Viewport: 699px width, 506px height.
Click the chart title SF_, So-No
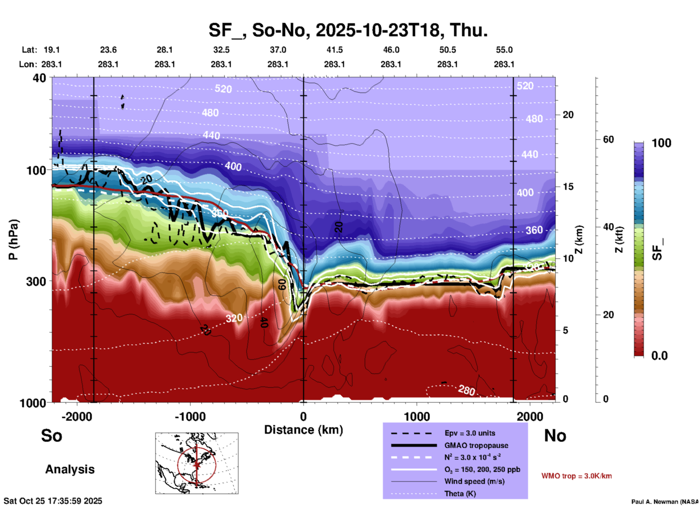[x=348, y=30]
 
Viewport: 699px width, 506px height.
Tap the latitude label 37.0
[x=278, y=50]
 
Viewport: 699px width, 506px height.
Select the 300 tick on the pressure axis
[x=36, y=281]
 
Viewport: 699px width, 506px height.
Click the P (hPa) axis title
[x=13, y=240]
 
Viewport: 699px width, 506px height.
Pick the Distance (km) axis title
[x=303, y=430]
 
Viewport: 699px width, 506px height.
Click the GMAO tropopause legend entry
[x=476, y=445]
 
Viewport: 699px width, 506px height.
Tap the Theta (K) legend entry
[x=460, y=494]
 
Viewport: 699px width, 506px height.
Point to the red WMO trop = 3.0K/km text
[x=576, y=476]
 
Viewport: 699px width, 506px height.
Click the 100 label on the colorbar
[x=661, y=143]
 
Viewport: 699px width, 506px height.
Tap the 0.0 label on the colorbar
[x=659, y=356]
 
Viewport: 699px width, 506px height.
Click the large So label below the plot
[x=52, y=436]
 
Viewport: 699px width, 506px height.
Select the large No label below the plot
[x=555, y=436]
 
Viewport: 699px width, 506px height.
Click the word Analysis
[x=70, y=469]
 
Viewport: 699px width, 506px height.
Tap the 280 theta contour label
[x=466, y=390]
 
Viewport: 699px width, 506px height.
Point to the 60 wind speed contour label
[x=282, y=285]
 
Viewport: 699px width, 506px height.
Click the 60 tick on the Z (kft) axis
[x=608, y=139]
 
